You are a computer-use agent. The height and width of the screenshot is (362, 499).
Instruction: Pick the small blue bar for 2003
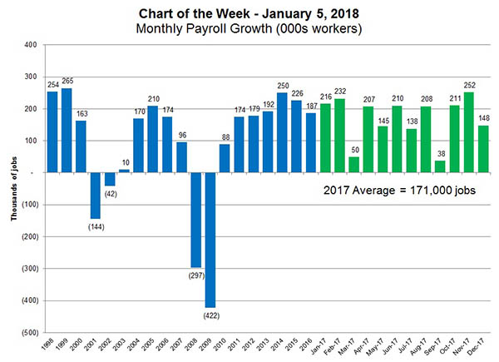pyautogui.click(x=125, y=171)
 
